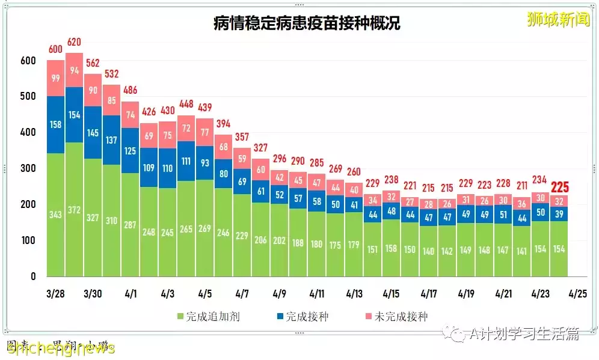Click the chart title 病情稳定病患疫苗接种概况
pos(307,23)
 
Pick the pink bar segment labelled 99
pos(55,78)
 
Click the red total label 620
pos(74,42)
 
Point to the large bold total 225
pos(559,187)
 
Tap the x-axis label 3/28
pos(55,294)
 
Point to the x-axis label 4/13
pos(354,294)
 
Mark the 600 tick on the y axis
pos(28,61)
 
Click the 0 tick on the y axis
pos(33,276)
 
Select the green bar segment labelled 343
pos(55,215)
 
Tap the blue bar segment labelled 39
pos(559,214)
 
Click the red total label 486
pos(130,90)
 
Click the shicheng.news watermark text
pos(60,348)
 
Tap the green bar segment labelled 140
pos(429,251)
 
